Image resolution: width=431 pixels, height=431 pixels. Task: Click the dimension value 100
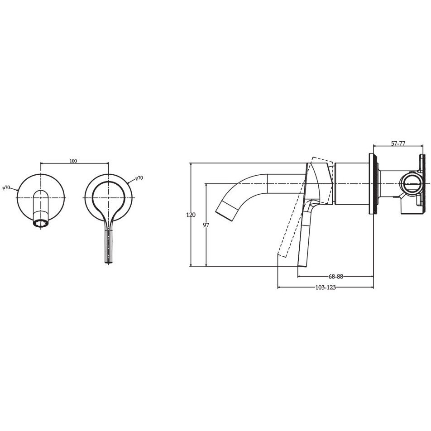pyautogui.click(x=73, y=161)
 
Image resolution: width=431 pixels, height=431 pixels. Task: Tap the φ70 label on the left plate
pyautogui.click(x=6, y=188)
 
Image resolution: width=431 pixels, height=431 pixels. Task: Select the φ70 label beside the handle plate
pyautogui.click(x=139, y=178)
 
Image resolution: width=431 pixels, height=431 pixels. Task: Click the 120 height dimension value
pyautogui.click(x=191, y=215)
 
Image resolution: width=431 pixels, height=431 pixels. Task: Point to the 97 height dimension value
pyautogui.click(x=206, y=225)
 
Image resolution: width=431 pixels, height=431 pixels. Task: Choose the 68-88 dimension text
pyautogui.click(x=336, y=277)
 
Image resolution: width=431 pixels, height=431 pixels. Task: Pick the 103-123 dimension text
pyautogui.click(x=326, y=287)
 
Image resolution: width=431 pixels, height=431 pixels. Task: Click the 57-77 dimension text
pyautogui.click(x=398, y=144)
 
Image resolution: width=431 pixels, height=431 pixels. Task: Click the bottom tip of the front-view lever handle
pyautogui.click(x=109, y=263)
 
